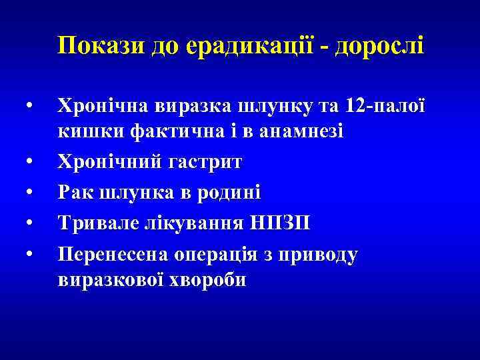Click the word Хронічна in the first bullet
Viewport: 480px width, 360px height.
[103, 107]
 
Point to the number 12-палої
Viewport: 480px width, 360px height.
[384, 107]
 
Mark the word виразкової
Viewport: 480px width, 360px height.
[111, 279]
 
